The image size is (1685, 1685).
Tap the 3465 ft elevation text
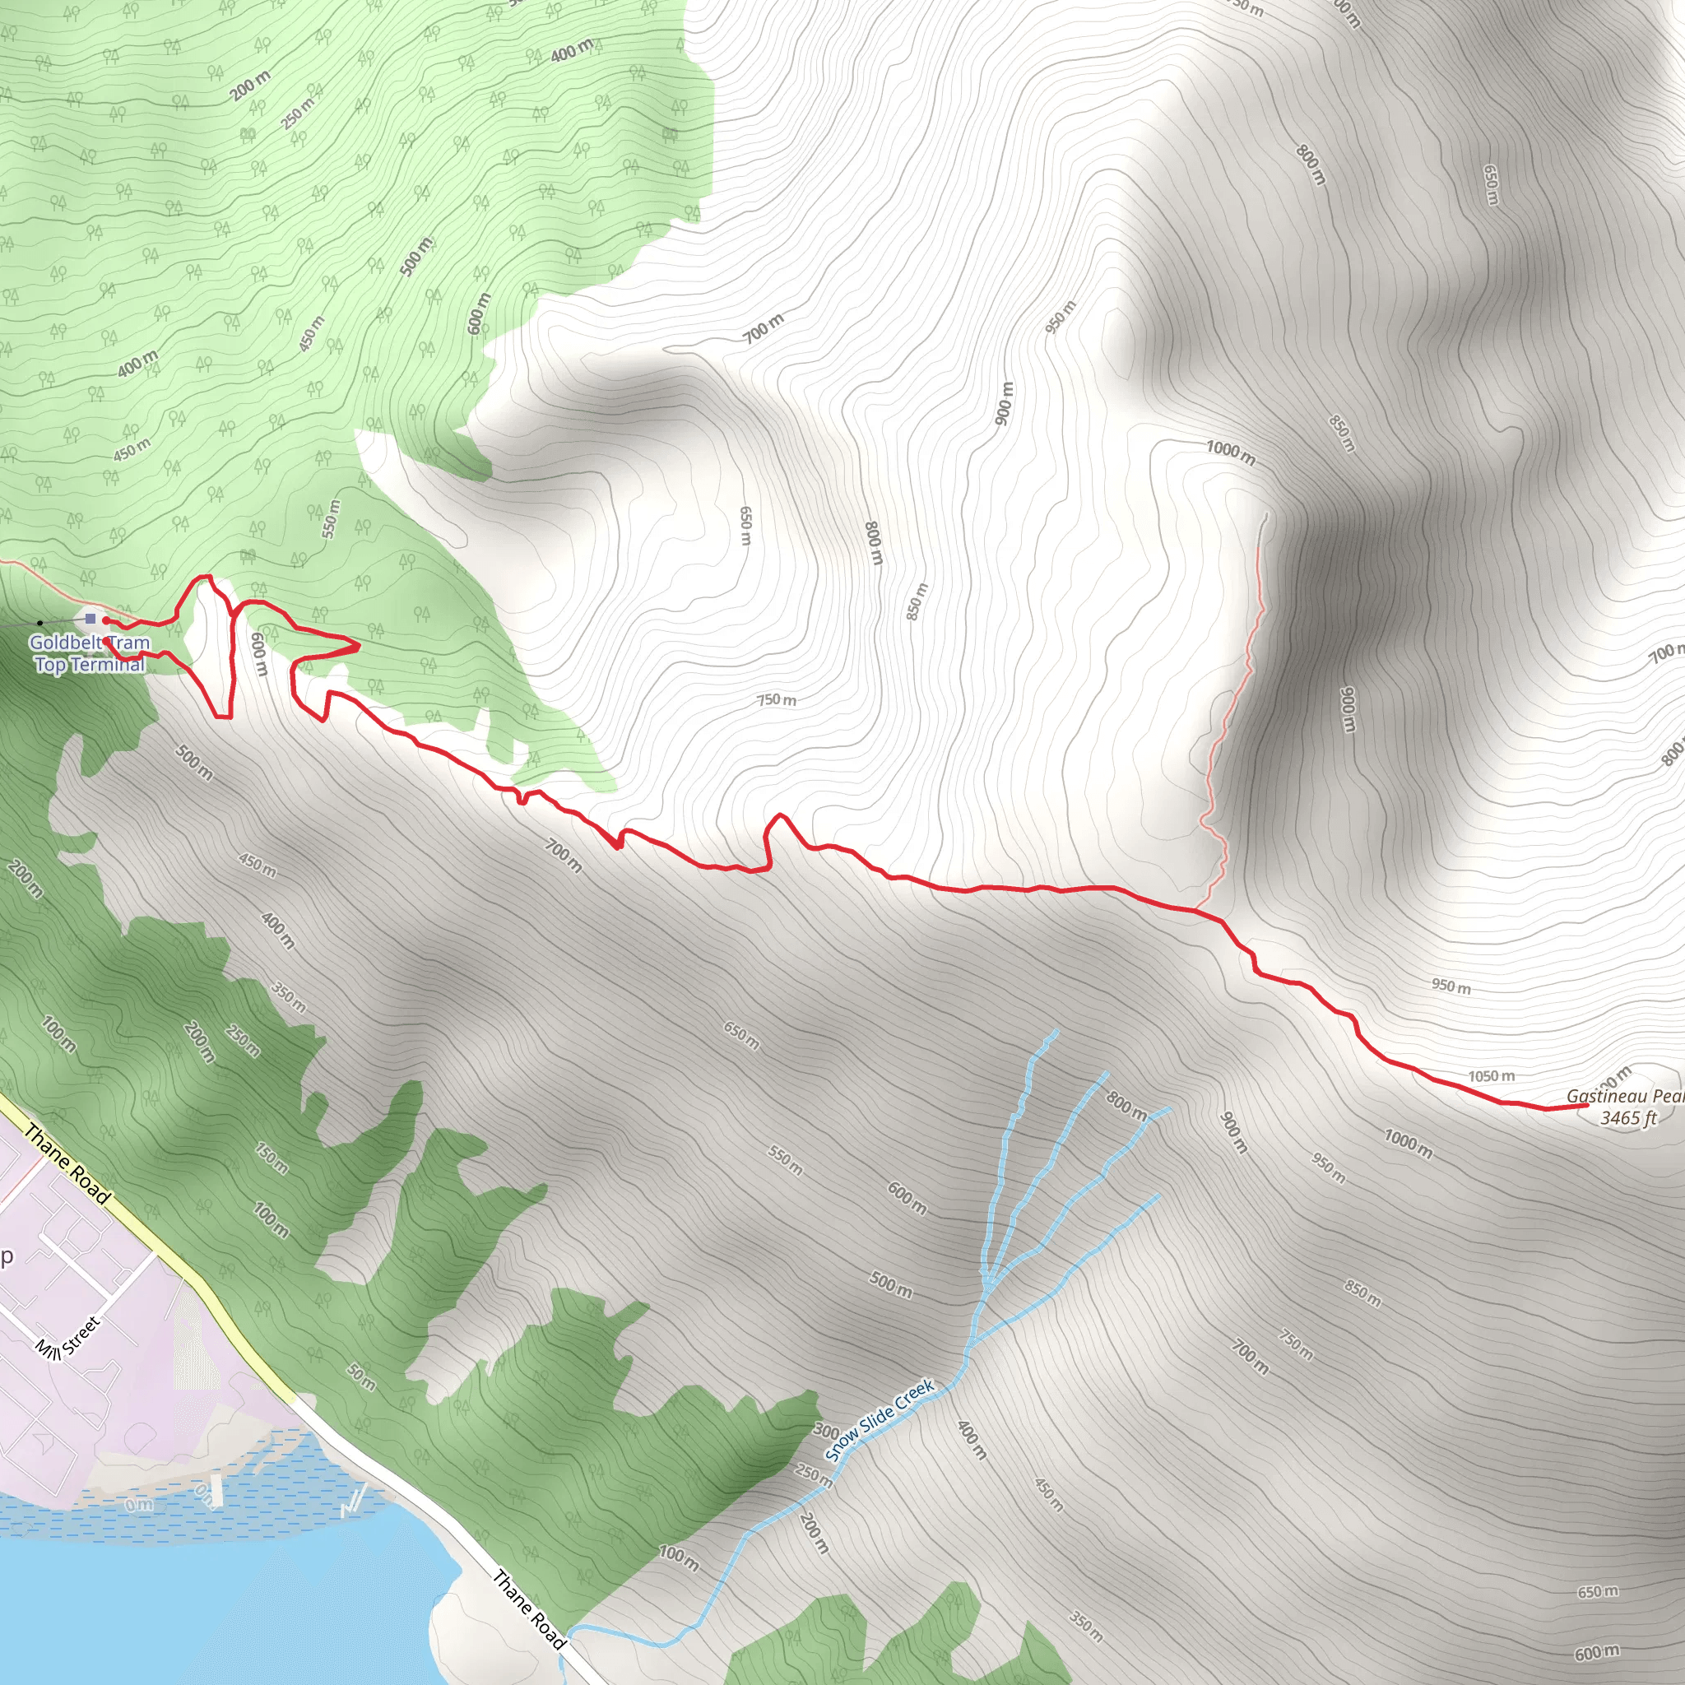click(x=1627, y=1118)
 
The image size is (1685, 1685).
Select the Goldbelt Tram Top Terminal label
click(x=90, y=653)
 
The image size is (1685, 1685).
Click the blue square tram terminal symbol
click(x=91, y=620)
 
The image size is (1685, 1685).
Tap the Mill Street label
click(x=69, y=1335)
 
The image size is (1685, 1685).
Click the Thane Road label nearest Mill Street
click(x=68, y=1164)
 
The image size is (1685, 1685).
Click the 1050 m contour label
click(x=1491, y=1076)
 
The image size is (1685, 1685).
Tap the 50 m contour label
click(x=361, y=1376)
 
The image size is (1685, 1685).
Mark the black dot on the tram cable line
click(x=40, y=623)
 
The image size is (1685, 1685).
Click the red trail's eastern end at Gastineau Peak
click(x=1585, y=1105)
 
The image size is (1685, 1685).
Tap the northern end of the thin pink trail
click(x=1265, y=514)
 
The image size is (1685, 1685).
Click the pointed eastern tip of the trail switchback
click(x=360, y=646)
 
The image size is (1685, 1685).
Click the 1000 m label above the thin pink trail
click(x=1231, y=452)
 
